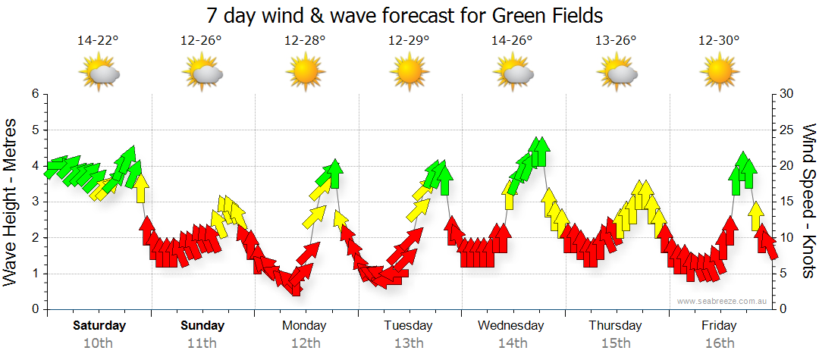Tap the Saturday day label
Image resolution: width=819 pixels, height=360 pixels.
pyautogui.click(x=99, y=326)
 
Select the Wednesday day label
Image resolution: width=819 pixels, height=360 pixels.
pyautogui.click(x=510, y=326)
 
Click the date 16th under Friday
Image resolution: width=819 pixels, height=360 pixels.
pyautogui.click(x=719, y=343)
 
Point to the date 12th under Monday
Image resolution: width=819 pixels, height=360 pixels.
pyautogui.click(x=305, y=343)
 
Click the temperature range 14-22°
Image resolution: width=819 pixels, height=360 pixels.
pyautogui.click(x=99, y=41)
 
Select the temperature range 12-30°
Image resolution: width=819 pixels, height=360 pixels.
pyautogui.click(x=719, y=41)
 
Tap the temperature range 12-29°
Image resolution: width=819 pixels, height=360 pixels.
pyautogui.click(x=408, y=41)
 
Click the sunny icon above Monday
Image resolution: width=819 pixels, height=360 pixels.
pyautogui.click(x=305, y=73)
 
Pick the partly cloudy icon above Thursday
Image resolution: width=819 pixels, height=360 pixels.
pyautogui.click(x=616, y=73)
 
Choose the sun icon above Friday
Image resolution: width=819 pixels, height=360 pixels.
pyautogui.click(x=719, y=73)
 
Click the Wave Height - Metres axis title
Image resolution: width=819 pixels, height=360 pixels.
pyautogui.click(x=11, y=202)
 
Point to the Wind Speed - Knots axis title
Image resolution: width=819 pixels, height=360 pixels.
pyautogui.click(x=808, y=202)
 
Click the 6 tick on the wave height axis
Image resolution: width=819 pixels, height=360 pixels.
pyautogui.click(x=34, y=94)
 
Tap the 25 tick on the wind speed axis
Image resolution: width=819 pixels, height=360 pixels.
pyautogui.click(x=787, y=130)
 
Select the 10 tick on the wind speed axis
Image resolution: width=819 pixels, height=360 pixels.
pyautogui.click(x=787, y=238)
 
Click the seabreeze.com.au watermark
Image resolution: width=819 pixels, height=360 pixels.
pyautogui.click(x=722, y=301)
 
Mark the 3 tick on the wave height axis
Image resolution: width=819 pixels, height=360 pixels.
pyautogui.click(x=34, y=202)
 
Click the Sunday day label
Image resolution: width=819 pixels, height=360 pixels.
pyautogui.click(x=202, y=326)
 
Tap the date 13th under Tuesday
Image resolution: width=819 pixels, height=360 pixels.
pyautogui.click(x=408, y=343)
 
